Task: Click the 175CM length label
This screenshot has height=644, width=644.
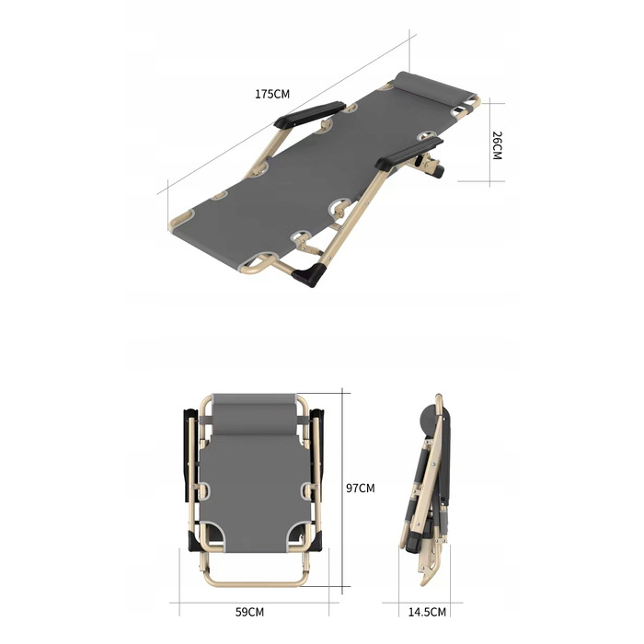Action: coord(272,94)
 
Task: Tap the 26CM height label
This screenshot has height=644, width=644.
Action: coord(497,145)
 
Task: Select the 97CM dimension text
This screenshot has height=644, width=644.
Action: coord(361,488)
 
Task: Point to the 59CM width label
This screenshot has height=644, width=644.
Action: coord(249,612)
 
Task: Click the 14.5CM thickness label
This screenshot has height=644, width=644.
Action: coord(427,612)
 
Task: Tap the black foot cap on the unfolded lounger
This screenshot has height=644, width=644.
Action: coord(309,274)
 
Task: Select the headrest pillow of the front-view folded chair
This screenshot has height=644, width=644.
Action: coord(254,414)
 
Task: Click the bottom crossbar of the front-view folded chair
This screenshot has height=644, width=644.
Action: coord(256,582)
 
